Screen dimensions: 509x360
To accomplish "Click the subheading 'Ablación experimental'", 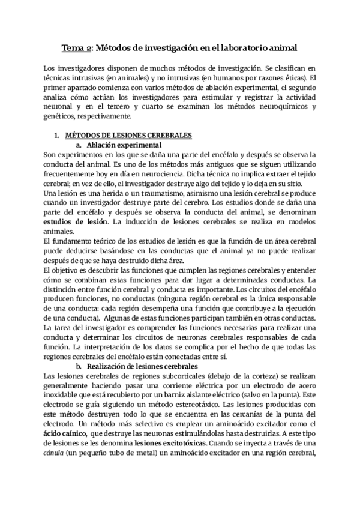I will pyautogui.click(x=124, y=145).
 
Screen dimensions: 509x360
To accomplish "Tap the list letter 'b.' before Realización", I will pyautogui.click(x=78, y=366).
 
